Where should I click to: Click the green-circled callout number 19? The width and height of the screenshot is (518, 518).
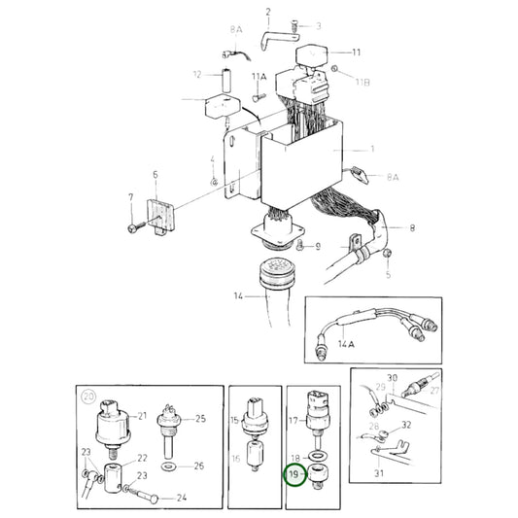pos(294,474)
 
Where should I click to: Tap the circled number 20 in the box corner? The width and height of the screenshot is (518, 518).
pos(88,397)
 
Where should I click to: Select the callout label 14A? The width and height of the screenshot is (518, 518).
pos(346,344)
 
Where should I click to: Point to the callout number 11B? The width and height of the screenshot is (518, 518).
pos(363,82)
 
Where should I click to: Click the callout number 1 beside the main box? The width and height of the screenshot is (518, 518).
pos(372,149)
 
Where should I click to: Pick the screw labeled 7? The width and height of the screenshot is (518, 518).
pos(135,227)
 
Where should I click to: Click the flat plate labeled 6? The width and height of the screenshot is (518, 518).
pos(160,217)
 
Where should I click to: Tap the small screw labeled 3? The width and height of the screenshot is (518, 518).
pos(294,26)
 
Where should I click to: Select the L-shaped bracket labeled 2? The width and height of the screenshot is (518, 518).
pos(280,40)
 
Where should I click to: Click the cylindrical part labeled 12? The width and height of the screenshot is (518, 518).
pos(226,80)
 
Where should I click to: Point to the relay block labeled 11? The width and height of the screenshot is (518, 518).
pos(311,56)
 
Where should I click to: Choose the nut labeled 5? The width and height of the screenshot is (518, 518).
pos(387,254)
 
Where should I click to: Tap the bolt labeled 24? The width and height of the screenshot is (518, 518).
pos(144,495)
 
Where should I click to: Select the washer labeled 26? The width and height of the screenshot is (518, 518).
pos(169,467)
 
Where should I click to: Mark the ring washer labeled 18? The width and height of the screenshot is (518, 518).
pos(317,457)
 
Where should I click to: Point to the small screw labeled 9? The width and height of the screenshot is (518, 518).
pos(300,245)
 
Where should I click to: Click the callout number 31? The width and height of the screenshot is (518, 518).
pos(379,473)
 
